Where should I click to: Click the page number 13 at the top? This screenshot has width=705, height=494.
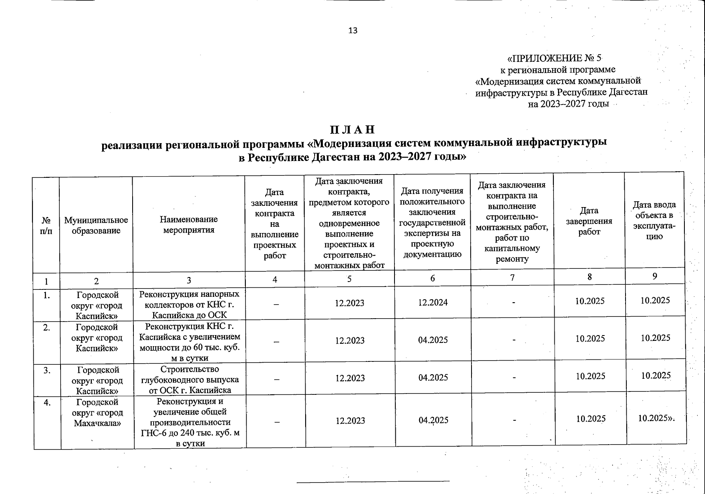pos(353,30)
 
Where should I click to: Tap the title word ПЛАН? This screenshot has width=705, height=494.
pos(353,130)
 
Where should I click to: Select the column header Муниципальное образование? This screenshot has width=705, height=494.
pos(96,225)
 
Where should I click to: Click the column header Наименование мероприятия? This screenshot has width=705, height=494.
pos(189,225)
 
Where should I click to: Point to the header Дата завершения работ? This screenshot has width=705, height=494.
pos(589,221)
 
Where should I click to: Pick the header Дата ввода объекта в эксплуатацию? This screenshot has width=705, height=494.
pos(654,220)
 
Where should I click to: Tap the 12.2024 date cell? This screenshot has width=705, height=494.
pos(433,303)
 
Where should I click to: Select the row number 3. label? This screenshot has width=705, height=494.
pos(47,370)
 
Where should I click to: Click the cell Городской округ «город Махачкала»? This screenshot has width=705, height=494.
pos(97,412)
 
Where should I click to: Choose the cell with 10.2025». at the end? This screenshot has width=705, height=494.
pos(656,418)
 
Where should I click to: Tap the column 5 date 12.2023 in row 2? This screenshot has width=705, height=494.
pos(350,340)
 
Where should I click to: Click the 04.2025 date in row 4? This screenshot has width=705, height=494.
pos(433,420)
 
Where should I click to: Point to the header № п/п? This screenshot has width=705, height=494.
pos(46,225)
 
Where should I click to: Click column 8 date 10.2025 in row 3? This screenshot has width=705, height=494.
pos(590,376)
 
